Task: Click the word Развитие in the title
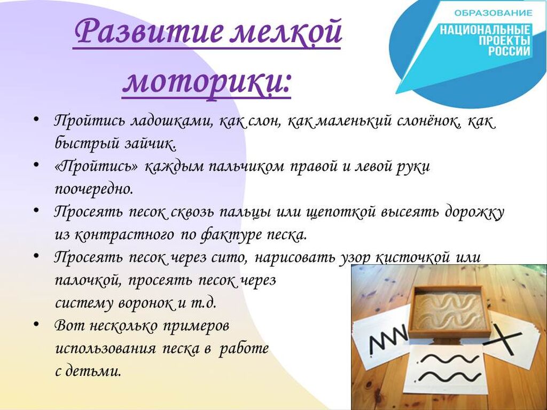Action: [x=149, y=32]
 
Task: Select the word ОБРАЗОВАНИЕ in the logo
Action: [x=493, y=13]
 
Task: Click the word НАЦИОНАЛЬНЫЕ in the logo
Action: [x=485, y=30]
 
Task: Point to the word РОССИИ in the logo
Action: [x=509, y=51]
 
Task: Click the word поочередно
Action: [x=94, y=190]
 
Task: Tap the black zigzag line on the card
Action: [x=388, y=338]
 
